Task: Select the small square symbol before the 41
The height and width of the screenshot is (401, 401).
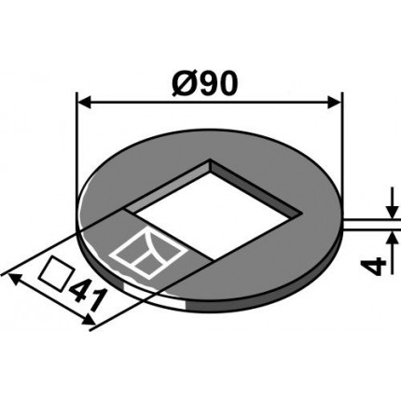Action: pyautogui.click(x=57, y=277)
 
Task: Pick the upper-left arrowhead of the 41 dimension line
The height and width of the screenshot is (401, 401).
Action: pyautogui.click(x=11, y=275)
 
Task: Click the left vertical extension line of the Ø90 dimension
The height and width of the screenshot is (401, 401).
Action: pyautogui.click(x=75, y=140)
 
